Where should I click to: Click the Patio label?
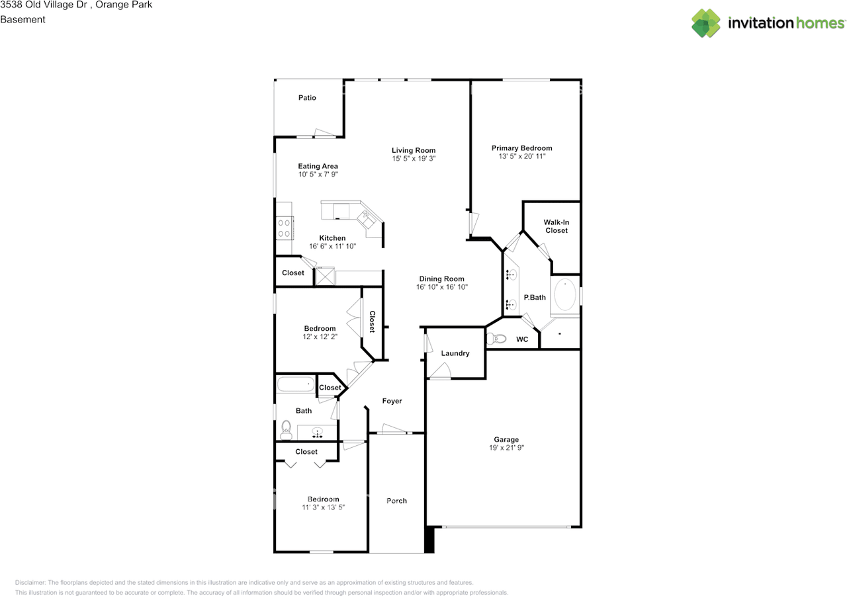click(x=307, y=98)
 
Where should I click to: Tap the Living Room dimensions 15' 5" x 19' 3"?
click(x=414, y=159)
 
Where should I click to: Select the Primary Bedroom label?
click(x=521, y=148)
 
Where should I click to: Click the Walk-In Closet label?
click(x=556, y=226)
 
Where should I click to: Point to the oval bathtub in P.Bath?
click(x=565, y=296)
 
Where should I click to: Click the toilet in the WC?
click(x=496, y=339)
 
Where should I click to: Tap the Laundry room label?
click(x=455, y=353)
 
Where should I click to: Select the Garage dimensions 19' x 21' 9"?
click(x=506, y=448)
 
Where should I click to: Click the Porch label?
click(x=396, y=501)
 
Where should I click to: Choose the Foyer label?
click(x=392, y=401)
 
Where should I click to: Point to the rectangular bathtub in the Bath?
click(x=296, y=384)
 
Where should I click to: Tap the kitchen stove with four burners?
click(x=285, y=228)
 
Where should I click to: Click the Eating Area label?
click(x=318, y=166)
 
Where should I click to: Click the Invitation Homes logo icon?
click(x=706, y=23)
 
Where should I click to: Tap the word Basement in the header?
click(x=22, y=20)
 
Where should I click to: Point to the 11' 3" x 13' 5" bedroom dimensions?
click(x=323, y=507)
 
